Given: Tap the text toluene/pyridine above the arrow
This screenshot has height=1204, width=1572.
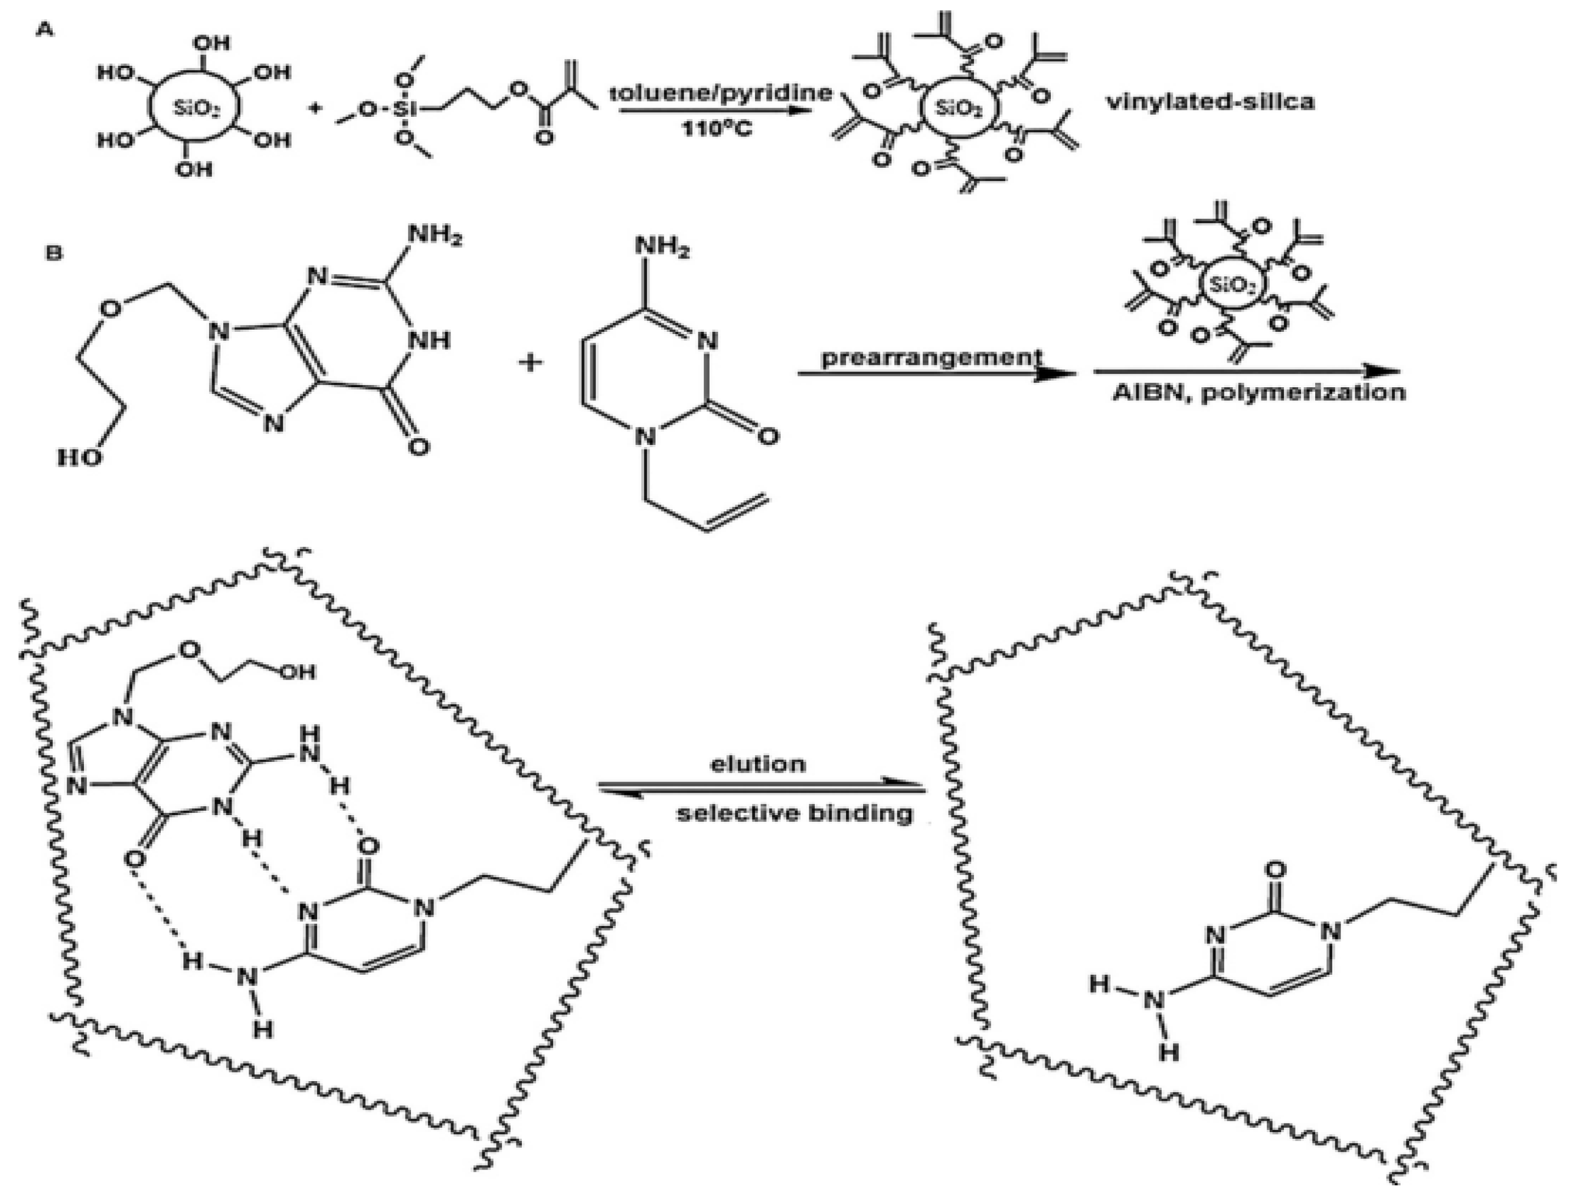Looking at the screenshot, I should point(721,93).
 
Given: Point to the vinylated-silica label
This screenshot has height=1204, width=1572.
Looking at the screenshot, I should point(1210,102).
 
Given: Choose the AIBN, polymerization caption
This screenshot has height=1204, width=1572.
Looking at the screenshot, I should point(1258,393).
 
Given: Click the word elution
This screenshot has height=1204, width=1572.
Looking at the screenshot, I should point(758,764).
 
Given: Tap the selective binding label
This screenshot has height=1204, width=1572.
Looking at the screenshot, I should point(795,813).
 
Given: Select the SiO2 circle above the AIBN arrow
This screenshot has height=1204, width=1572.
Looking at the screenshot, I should point(1231,285).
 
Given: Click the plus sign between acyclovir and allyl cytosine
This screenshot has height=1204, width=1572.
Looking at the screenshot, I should point(531,362).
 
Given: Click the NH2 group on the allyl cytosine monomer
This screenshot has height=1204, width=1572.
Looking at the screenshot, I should point(662,248).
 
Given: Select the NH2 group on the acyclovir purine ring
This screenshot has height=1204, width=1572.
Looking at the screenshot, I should point(435,235).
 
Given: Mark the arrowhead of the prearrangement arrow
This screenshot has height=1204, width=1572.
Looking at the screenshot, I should point(1060,374).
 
